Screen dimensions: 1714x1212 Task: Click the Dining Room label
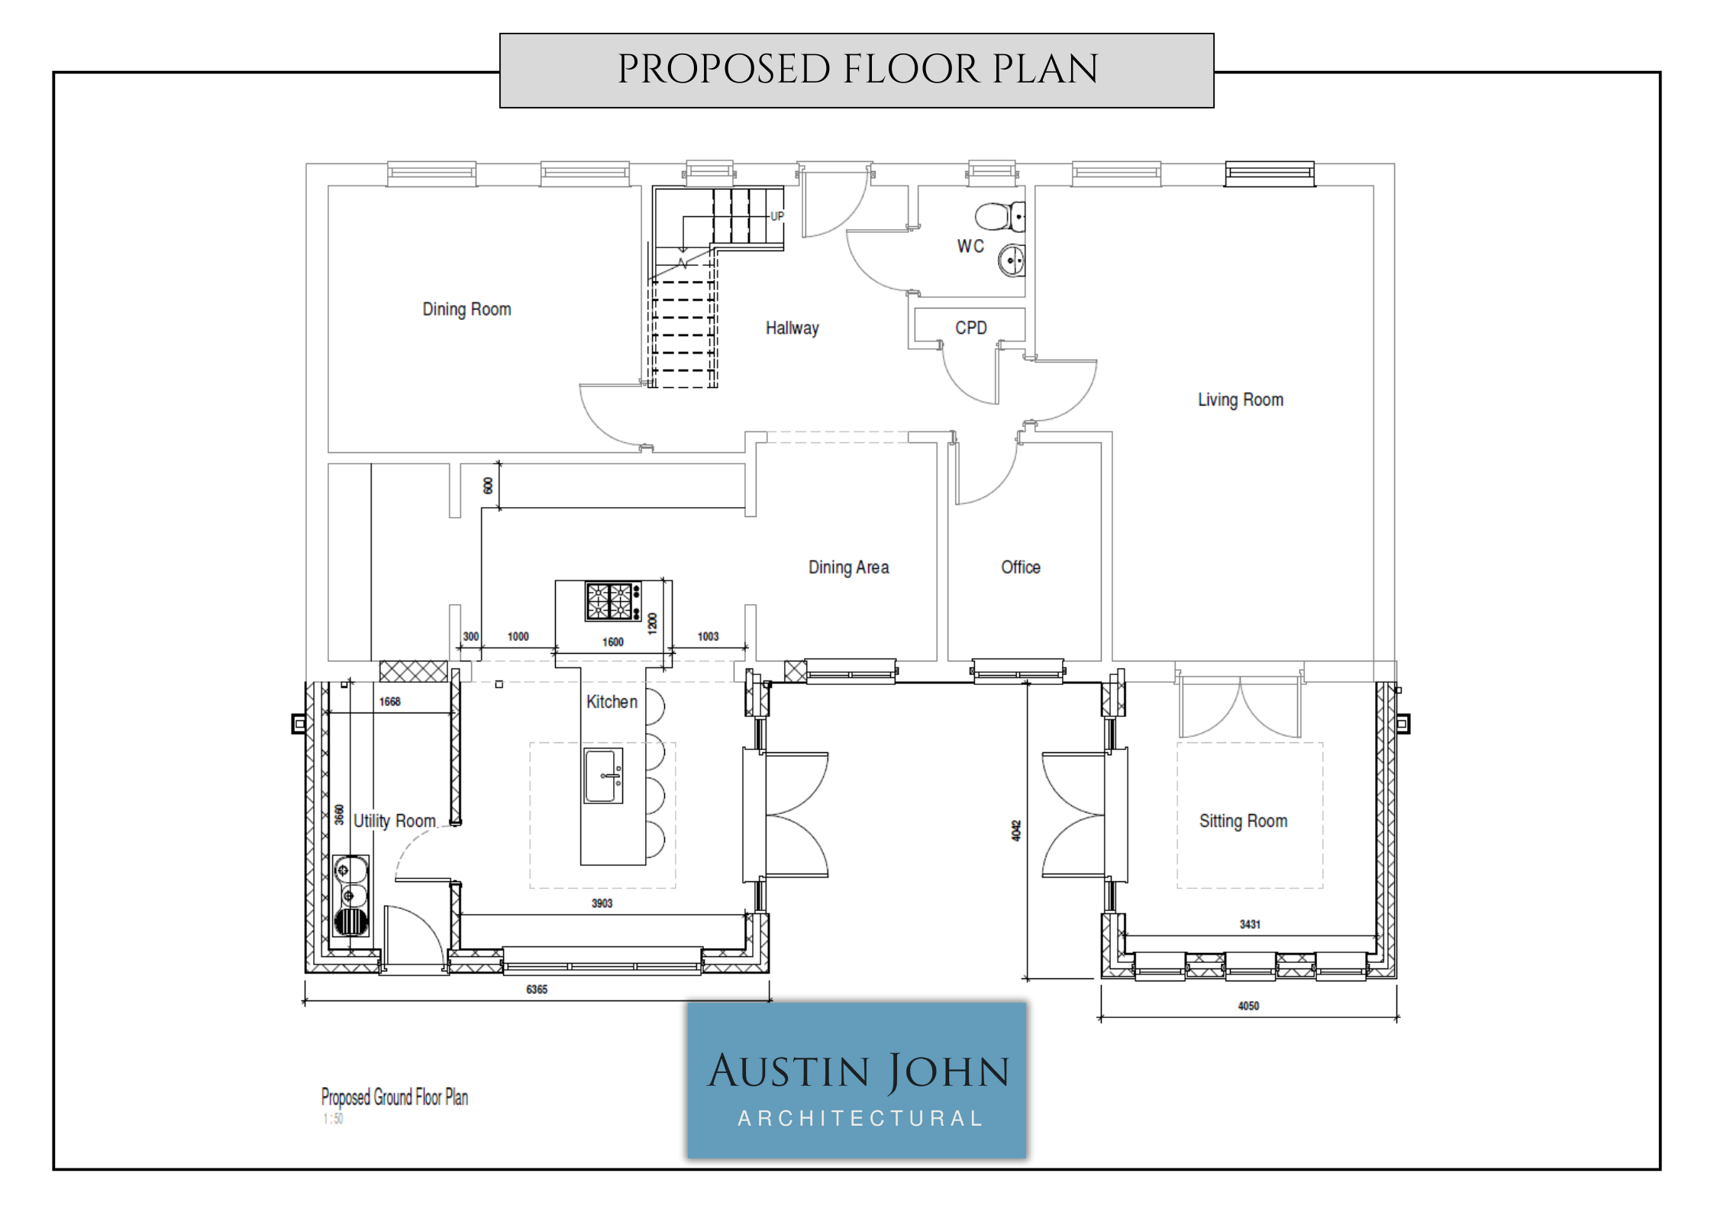point(466,309)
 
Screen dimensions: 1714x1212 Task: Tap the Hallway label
point(792,328)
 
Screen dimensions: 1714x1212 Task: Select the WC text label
point(970,246)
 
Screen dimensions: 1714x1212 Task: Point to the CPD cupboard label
point(971,328)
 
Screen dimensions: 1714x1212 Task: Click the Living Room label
point(1241,400)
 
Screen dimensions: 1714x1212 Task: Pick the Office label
point(1021,567)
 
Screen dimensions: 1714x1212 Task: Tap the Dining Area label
point(849,567)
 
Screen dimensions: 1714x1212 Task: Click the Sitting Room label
point(1243,821)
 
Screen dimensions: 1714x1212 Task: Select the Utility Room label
point(394,821)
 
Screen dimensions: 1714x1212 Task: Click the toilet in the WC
point(1000,217)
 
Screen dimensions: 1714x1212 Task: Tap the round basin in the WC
point(1012,261)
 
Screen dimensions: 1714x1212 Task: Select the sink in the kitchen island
point(603,776)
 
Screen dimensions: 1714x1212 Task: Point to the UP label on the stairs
point(777,216)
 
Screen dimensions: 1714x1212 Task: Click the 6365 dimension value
point(537,990)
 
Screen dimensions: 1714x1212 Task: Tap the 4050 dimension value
point(1248,1006)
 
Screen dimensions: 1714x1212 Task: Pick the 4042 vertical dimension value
point(1016,831)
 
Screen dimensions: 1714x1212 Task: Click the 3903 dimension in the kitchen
point(602,903)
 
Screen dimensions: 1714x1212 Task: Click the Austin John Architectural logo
point(857,1080)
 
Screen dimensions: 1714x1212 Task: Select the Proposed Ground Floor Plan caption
point(395,1097)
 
